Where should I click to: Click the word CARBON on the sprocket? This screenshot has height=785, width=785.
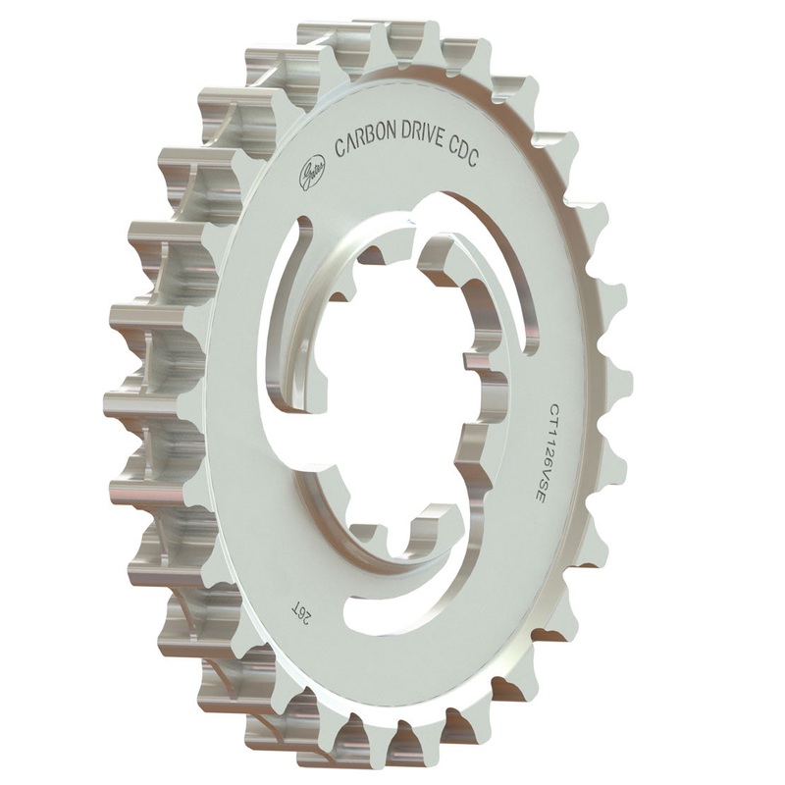(x=372, y=143)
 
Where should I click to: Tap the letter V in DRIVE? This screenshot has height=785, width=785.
(x=468, y=141)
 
